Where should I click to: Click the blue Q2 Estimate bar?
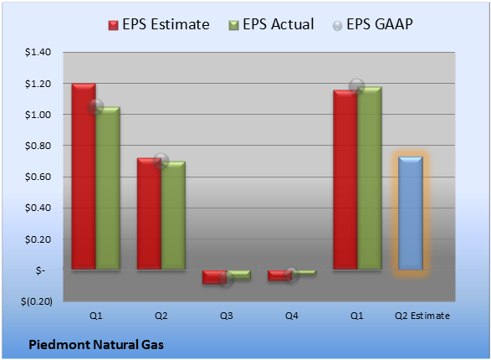[410, 213]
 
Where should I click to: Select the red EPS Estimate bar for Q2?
[149, 213]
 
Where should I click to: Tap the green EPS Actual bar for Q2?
[173, 215]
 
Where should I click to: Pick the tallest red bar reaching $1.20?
[84, 177]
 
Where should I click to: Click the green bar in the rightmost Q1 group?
[370, 178]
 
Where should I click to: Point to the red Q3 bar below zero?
[214, 277]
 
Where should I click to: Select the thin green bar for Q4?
[304, 273]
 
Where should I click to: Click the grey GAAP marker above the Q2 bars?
[161, 161]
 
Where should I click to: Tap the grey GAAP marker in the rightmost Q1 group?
[356, 86]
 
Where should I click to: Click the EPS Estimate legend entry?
[159, 24]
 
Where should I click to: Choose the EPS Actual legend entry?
[271, 24]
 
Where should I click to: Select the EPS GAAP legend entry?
[372, 24]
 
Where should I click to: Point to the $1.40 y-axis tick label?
[38, 52]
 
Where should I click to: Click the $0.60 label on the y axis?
[38, 177]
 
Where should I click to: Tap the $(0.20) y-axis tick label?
[37, 301]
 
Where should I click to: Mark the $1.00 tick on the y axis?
[38, 115]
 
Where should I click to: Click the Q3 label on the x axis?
[227, 316]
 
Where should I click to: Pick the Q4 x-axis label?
[292, 316]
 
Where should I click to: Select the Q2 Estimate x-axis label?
[422, 316]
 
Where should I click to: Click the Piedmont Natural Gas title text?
[96, 345]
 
